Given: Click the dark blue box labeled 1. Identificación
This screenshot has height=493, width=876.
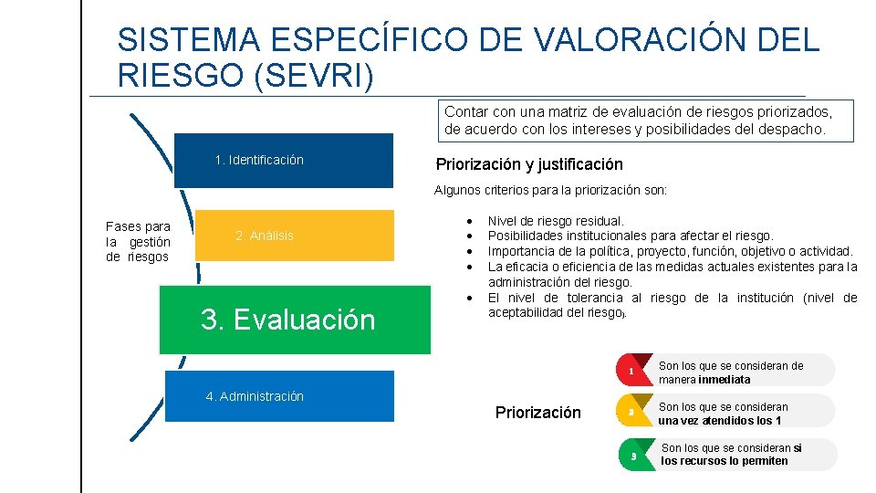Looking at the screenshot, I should (283, 161).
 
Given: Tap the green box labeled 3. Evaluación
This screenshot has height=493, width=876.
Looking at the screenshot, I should (294, 320).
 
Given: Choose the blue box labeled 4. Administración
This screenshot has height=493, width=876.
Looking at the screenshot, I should (279, 396).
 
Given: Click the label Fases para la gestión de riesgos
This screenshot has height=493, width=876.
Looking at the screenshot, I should (138, 241).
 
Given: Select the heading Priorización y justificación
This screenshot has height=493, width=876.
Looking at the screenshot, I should (529, 164).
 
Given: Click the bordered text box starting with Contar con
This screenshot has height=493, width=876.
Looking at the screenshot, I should (648, 121).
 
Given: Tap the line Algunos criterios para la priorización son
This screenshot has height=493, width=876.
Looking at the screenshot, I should (550, 191).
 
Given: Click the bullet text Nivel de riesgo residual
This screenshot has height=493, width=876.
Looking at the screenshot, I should (556, 221).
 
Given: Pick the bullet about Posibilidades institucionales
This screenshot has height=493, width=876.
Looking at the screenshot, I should (630, 236).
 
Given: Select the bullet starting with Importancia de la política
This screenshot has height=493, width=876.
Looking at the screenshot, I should (670, 251).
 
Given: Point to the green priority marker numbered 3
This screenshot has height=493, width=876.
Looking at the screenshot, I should (633, 455).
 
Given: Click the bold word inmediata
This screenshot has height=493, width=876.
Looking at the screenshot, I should (725, 380).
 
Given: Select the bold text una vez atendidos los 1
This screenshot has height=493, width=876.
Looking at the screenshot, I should (720, 421).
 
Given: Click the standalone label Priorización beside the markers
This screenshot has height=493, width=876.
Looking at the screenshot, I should (537, 413).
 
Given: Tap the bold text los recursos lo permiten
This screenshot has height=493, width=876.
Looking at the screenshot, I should (724, 461).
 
